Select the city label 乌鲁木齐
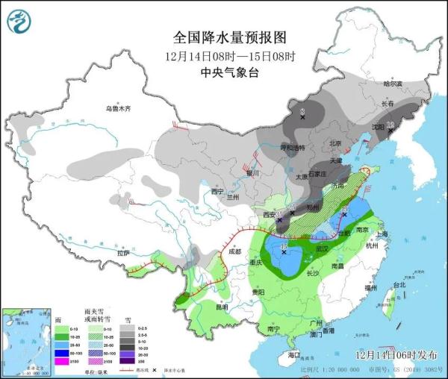pos(118,109)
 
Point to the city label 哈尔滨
pos(392,84)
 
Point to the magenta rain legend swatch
pos(60,361)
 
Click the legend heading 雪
pos(128,317)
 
